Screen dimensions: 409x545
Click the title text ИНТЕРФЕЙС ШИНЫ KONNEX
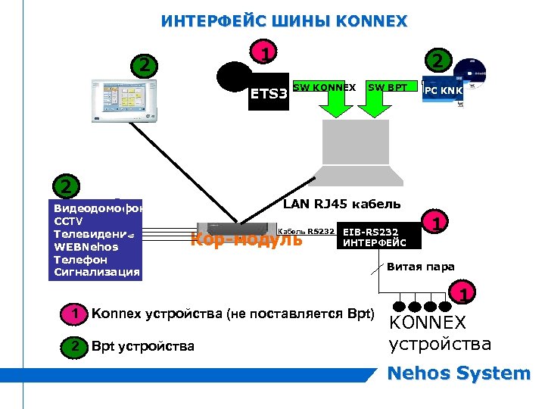tap(284, 21)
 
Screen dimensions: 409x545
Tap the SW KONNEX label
tap(324, 87)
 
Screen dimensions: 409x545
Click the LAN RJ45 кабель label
tap(341, 203)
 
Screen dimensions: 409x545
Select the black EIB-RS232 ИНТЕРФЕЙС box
tap(375, 237)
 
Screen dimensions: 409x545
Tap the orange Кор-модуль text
tap(246, 240)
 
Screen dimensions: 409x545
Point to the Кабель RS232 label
tap(307, 232)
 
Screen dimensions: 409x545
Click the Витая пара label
tap(420, 267)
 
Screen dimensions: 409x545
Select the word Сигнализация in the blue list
tap(96, 273)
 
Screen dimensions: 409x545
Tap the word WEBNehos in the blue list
tap(86, 247)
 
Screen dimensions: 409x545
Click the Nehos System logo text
tap(459, 373)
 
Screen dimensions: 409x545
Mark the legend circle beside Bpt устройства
tap(73, 346)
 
